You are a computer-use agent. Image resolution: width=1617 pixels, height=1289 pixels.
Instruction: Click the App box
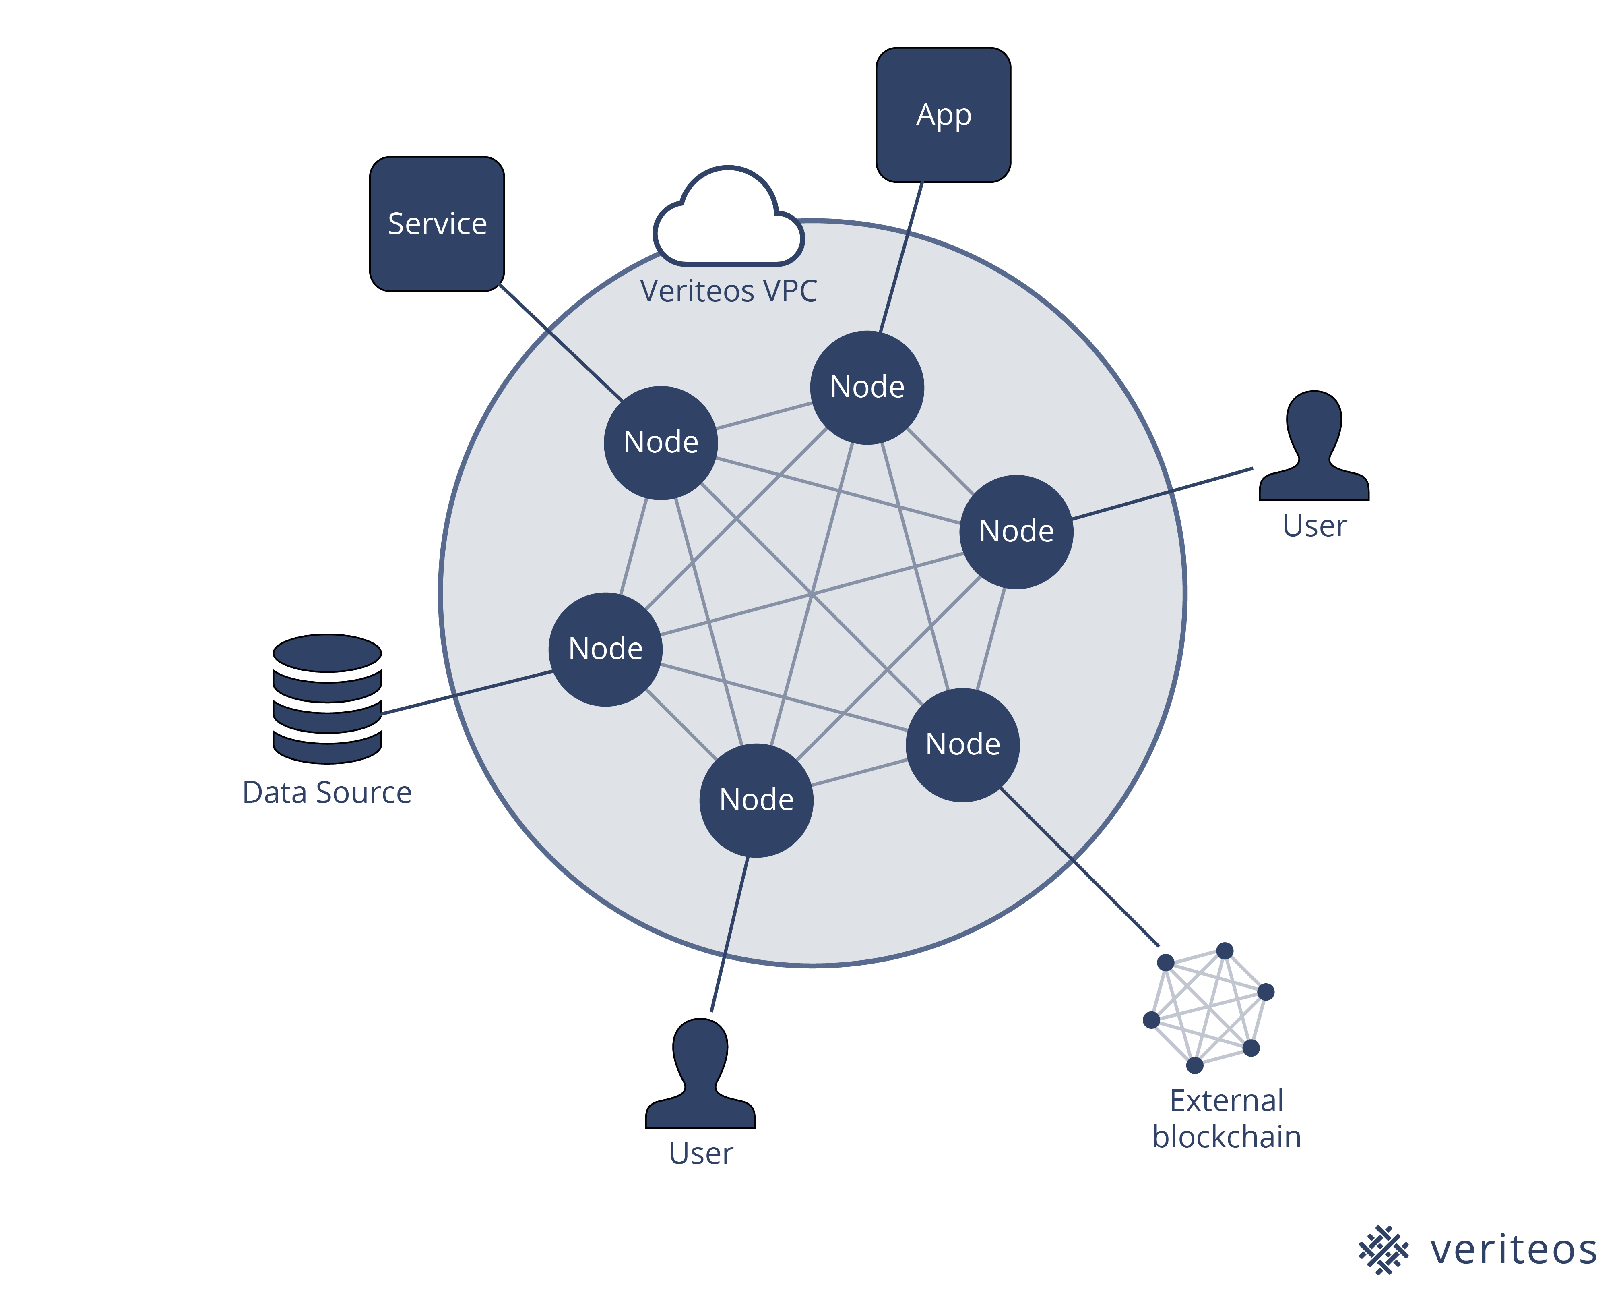943,115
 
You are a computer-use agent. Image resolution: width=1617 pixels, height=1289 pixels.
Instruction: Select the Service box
436,224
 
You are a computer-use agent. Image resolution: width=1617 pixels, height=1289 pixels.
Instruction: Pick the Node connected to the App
867,387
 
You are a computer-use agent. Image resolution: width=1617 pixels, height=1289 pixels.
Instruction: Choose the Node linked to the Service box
661,443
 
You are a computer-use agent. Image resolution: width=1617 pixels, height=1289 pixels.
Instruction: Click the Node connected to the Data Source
605,649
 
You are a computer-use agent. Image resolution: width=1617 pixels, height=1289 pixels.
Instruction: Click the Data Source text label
327,792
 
